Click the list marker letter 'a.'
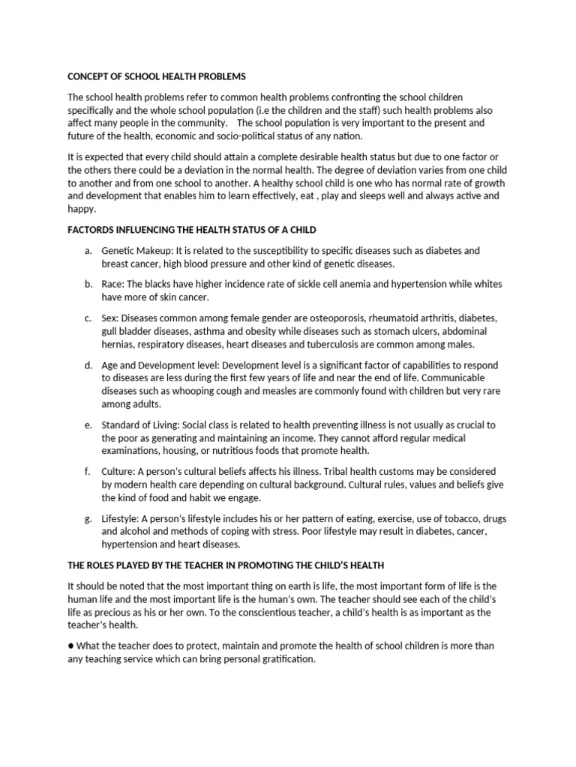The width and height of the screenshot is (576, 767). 88,250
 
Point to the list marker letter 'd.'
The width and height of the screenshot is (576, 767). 88,365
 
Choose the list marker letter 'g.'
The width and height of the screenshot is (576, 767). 88,518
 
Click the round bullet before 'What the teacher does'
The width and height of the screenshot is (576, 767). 71,646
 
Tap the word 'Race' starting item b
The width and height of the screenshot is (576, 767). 113,285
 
